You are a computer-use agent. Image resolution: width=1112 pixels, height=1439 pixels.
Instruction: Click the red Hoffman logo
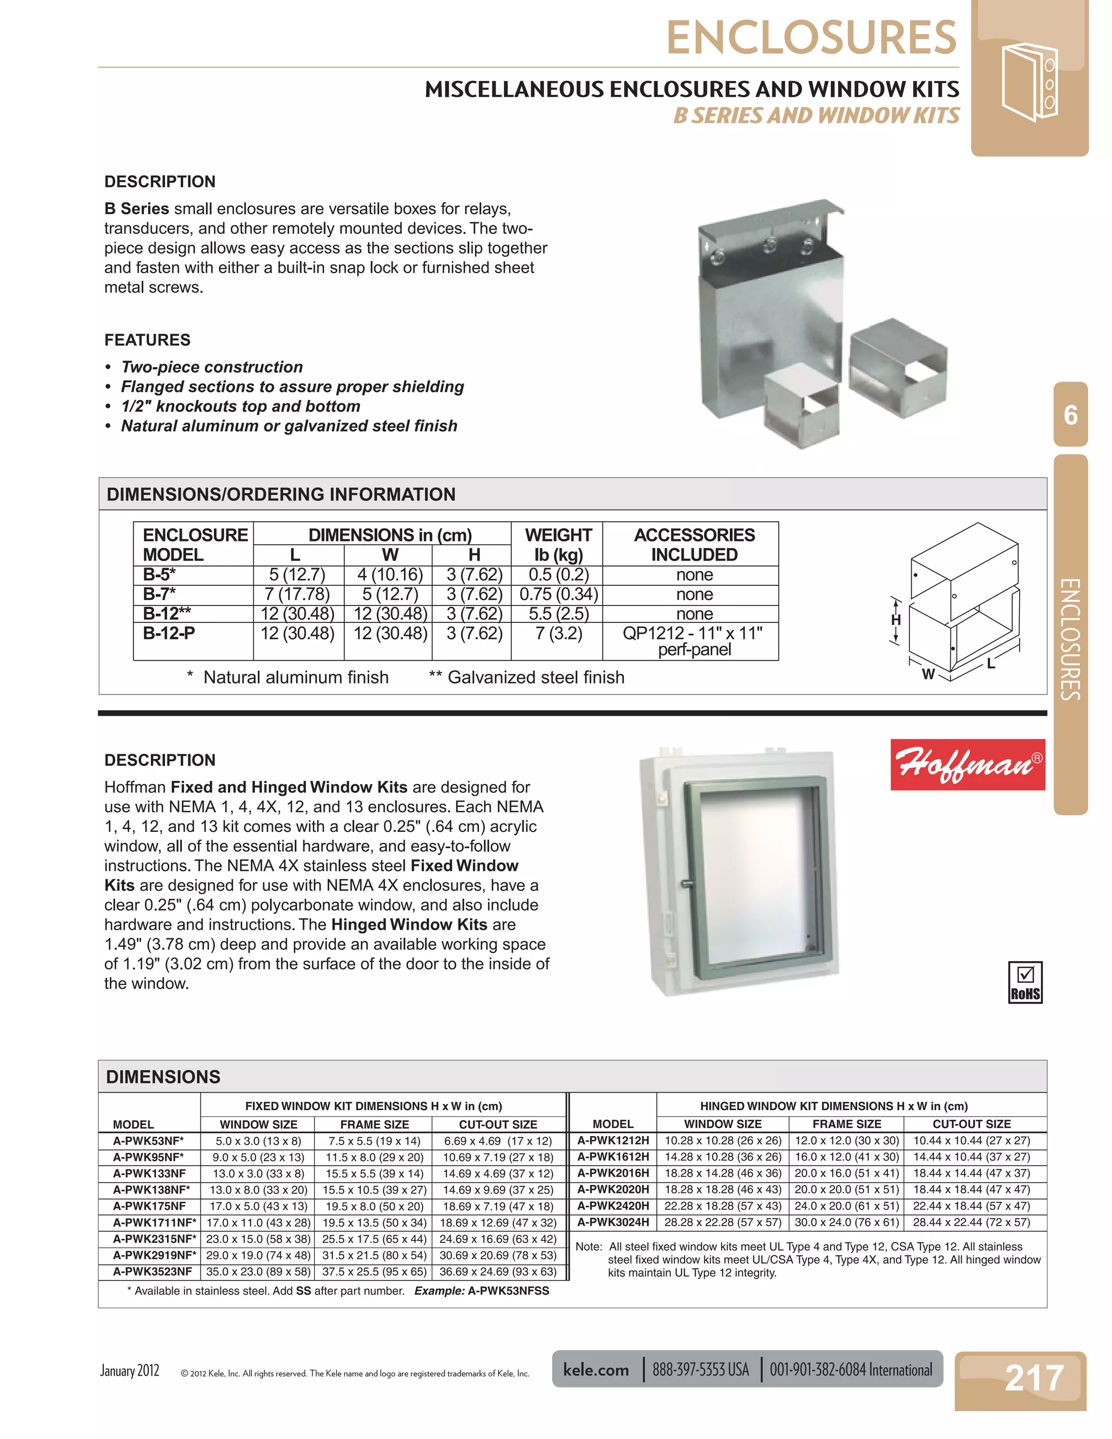967,765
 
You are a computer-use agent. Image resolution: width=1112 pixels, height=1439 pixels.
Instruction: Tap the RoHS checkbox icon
1025,982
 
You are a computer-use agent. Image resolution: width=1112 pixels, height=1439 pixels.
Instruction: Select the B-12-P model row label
169,633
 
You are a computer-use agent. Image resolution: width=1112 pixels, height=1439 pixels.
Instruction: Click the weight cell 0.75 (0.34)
558,594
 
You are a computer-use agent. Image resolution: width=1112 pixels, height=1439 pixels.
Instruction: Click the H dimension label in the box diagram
895,620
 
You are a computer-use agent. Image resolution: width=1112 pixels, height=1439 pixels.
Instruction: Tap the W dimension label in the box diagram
927,673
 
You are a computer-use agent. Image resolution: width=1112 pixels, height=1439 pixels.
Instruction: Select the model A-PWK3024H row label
612,1222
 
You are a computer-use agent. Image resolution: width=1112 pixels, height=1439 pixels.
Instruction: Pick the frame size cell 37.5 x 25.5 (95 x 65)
374,1272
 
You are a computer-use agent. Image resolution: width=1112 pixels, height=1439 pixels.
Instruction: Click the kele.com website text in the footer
596,1370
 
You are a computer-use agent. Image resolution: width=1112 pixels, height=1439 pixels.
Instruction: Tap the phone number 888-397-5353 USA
700,1370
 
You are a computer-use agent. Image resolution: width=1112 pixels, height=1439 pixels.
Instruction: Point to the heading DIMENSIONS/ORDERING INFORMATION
281,494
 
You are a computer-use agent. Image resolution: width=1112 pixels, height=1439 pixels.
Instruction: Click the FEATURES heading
148,340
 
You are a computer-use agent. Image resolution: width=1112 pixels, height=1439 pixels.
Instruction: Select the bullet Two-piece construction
211,367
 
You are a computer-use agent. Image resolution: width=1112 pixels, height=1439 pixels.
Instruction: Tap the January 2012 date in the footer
130,1371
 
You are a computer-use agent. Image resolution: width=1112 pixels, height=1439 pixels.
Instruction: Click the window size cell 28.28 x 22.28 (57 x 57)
723,1222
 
